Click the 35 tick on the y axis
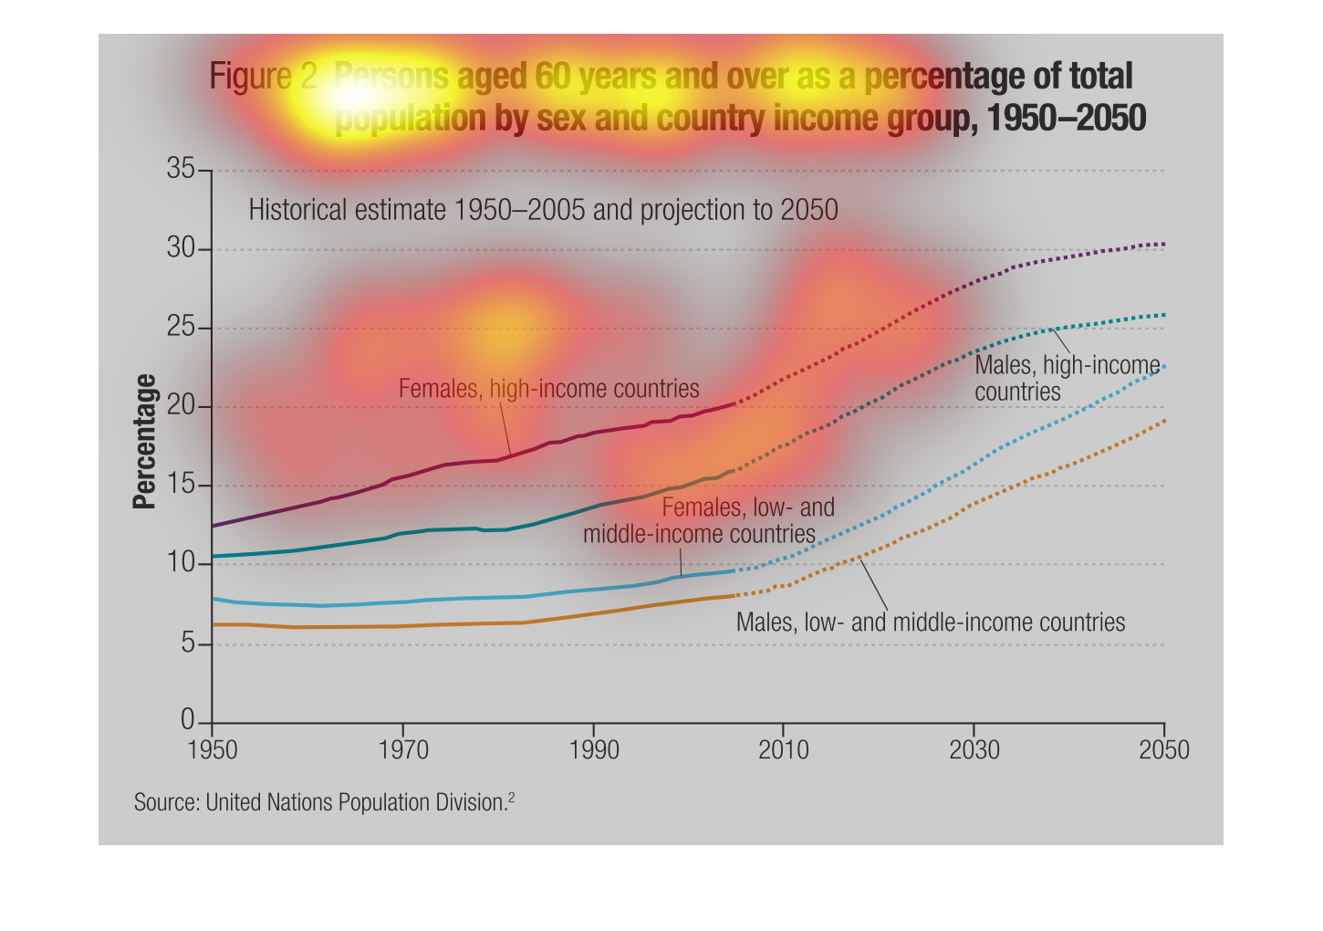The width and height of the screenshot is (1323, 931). pyautogui.click(x=181, y=169)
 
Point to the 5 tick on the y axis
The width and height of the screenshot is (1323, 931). pyautogui.click(x=186, y=644)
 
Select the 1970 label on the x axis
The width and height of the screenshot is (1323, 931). pyautogui.click(x=402, y=750)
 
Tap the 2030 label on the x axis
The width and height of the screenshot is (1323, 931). pyautogui.click(x=974, y=750)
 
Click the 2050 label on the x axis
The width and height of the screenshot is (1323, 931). pyautogui.click(x=1164, y=750)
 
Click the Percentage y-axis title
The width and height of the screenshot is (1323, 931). pyautogui.click(x=144, y=442)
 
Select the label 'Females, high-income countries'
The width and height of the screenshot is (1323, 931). pyautogui.click(x=548, y=389)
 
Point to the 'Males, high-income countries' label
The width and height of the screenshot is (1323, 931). pyautogui.click(x=1067, y=379)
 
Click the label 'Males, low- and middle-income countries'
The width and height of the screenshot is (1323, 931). pyautogui.click(x=931, y=622)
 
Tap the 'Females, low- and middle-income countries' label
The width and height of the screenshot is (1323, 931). pyautogui.click(x=708, y=520)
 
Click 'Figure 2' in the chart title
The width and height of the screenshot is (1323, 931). pyautogui.click(x=264, y=77)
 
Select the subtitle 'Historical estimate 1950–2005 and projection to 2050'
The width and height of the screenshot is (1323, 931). pyautogui.click(x=543, y=210)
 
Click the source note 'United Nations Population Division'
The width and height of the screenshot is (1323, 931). pyautogui.click(x=356, y=803)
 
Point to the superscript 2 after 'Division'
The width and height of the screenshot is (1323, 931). pyautogui.click(x=512, y=798)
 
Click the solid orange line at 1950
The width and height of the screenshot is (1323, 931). pyautogui.click(x=213, y=624)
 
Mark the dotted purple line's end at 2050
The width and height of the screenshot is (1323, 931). pyautogui.click(x=1163, y=244)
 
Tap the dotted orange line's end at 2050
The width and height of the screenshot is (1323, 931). pyautogui.click(x=1163, y=421)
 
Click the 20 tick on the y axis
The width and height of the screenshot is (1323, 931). pyautogui.click(x=181, y=406)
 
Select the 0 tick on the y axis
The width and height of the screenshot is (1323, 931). pyautogui.click(x=187, y=721)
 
